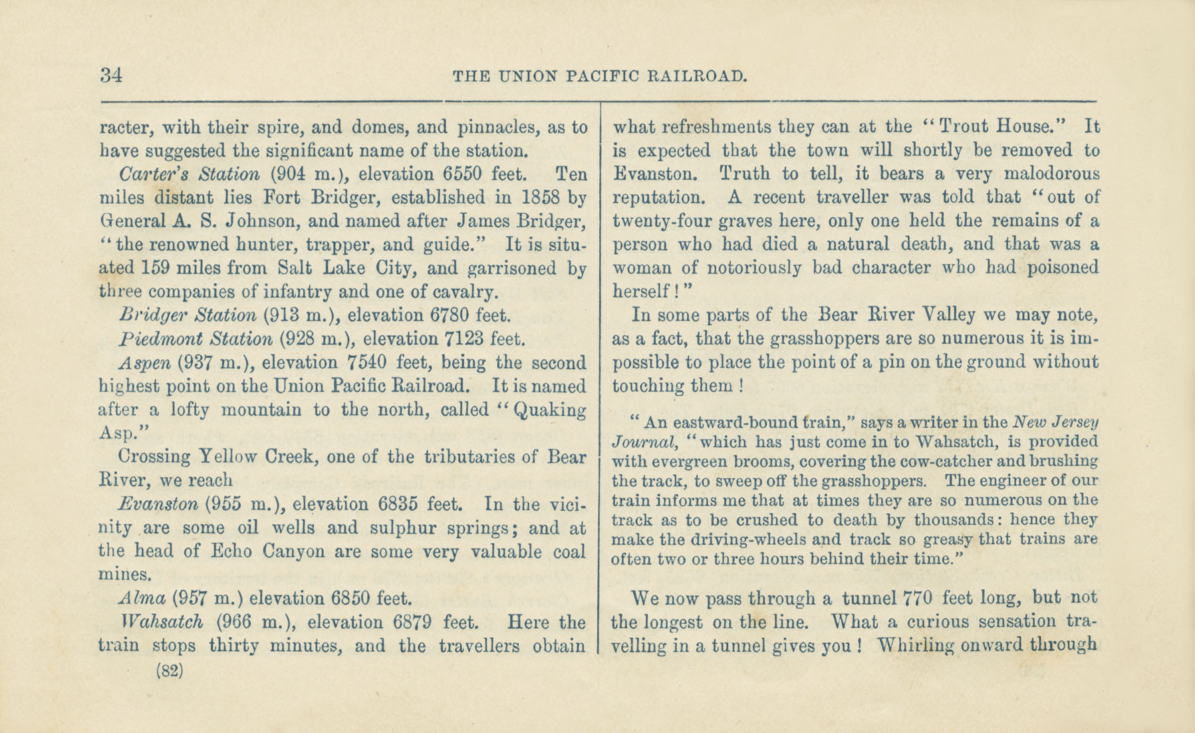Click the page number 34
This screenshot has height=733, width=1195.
click(x=112, y=74)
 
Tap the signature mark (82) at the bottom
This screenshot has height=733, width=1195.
click(x=169, y=670)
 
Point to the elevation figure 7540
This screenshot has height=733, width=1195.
click(x=368, y=363)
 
